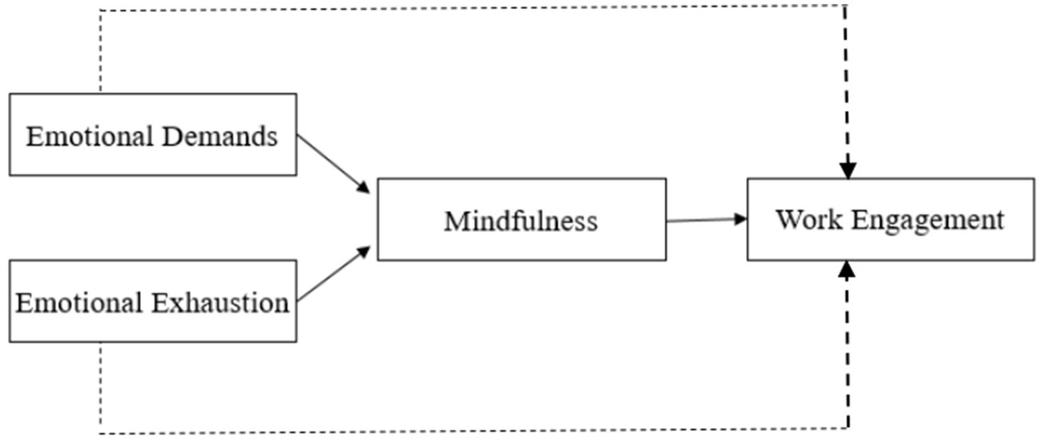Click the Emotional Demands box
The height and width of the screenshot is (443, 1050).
153,135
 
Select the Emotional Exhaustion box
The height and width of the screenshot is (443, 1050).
153,301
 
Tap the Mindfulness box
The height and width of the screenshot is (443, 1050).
521,220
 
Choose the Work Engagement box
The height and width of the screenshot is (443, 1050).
890,219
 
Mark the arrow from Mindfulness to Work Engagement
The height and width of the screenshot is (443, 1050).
705,219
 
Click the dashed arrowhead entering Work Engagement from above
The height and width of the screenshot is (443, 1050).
847,170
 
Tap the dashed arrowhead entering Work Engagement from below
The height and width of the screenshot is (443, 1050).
847,269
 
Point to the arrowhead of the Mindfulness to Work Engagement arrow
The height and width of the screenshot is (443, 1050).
741,218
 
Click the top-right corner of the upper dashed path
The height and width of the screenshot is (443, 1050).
846,7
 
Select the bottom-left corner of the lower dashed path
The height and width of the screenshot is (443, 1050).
100,432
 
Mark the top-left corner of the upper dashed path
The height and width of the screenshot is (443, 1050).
101,11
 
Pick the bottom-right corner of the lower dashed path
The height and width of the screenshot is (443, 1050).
847,427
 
